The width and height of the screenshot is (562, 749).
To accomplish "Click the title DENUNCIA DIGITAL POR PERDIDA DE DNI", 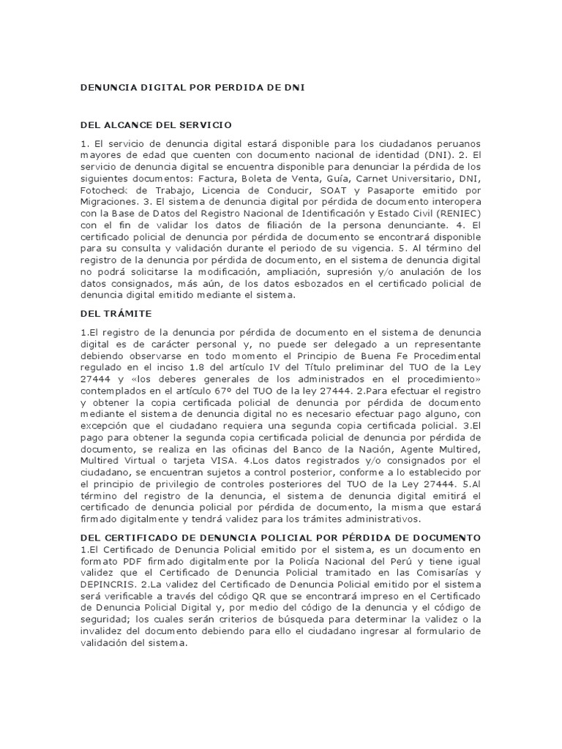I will coord(192,87).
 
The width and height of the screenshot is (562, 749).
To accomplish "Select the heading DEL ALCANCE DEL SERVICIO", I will coord(156,125).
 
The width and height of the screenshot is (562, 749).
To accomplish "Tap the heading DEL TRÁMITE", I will coord(116,313).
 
